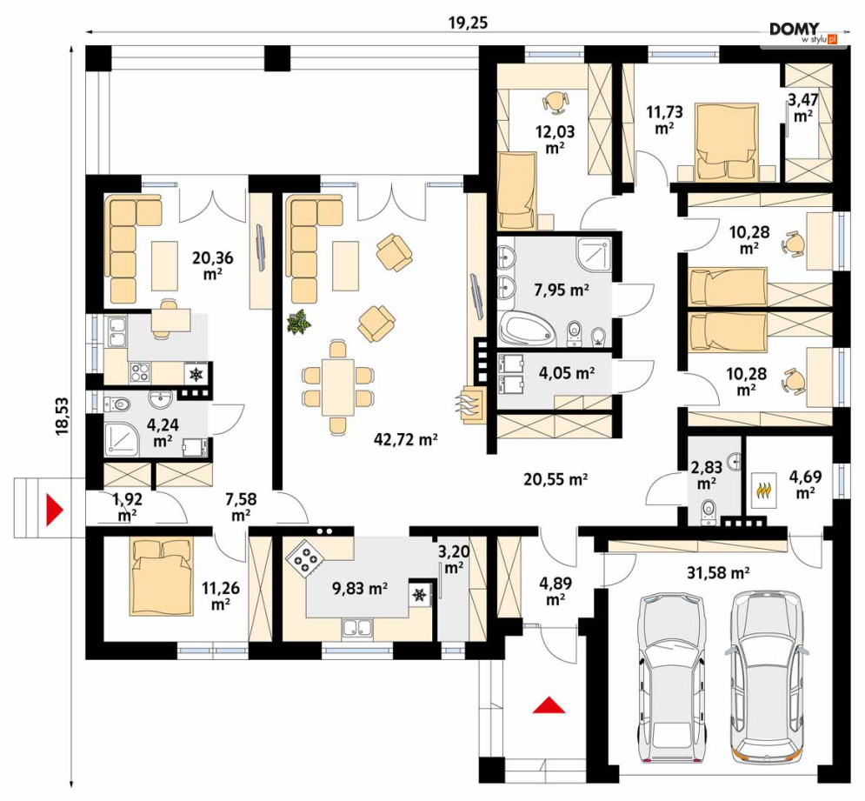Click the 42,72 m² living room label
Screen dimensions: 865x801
pyautogui.click(x=406, y=439)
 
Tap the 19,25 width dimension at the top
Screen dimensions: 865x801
pyautogui.click(x=469, y=23)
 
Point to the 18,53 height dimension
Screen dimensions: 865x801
pyautogui.click(x=62, y=416)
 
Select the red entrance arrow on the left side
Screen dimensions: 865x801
pyautogui.click(x=55, y=509)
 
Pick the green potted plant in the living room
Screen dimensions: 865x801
pyautogui.click(x=298, y=322)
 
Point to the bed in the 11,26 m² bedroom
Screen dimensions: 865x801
pyautogui.click(x=163, y=577)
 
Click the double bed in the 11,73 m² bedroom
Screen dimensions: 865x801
pyautogui.click(x=725, y=141)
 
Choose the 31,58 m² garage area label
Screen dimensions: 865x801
pyautogui.click(x=718, y=573)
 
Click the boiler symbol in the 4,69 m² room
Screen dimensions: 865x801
pyautogui.click(x=763, y=490)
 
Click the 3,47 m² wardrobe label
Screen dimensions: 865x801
pyautogui.click(x=802, y=108)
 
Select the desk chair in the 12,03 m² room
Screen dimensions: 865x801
pyautogui.click(x=555, y=102)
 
